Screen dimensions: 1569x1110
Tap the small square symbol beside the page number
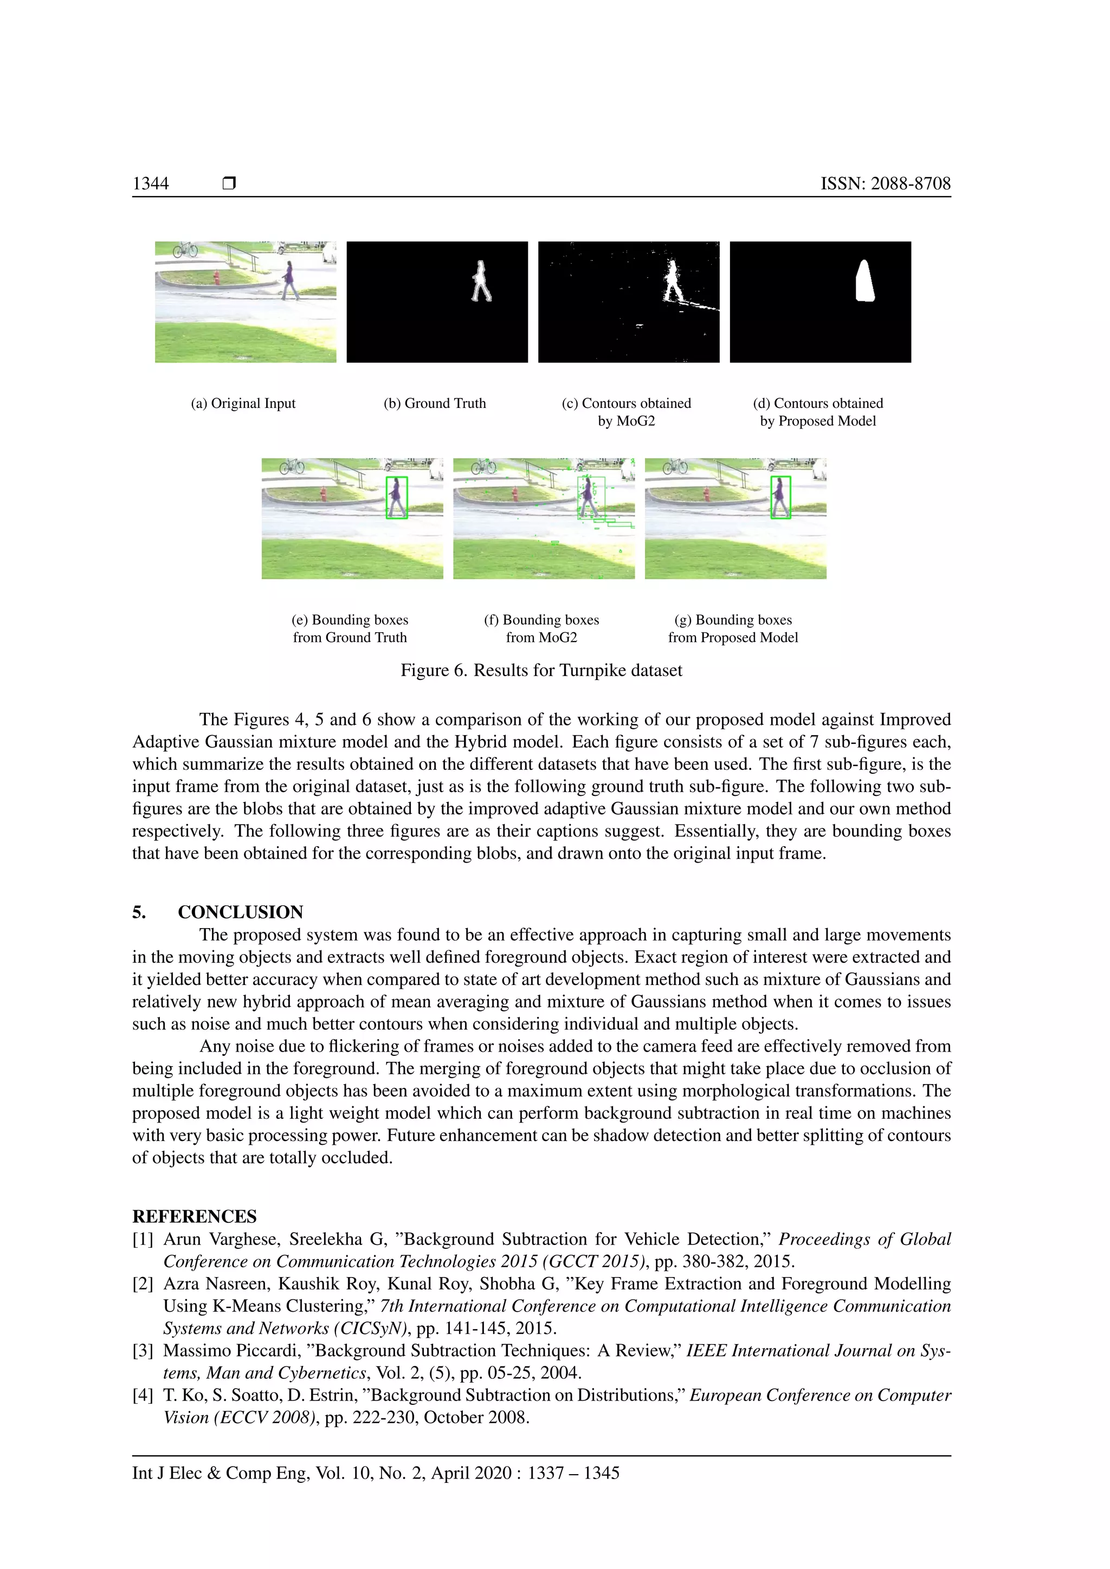coord(229,183)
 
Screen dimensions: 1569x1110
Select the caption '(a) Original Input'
coord(243,403)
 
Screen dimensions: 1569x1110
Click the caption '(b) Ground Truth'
coord(435,403)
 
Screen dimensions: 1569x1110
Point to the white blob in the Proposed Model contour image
coord(866,282)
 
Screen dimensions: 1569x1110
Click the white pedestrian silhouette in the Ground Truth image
coord(481,282)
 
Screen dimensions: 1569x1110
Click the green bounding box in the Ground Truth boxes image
coord(396,497)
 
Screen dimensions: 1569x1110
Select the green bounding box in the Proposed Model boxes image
coord(780,497)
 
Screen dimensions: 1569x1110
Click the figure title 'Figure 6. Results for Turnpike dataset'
coord(541,670)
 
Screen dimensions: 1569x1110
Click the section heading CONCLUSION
coord(241,912)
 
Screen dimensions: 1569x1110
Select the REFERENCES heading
coord(195,1216)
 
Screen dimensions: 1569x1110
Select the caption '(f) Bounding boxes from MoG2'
coord(541,628)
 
